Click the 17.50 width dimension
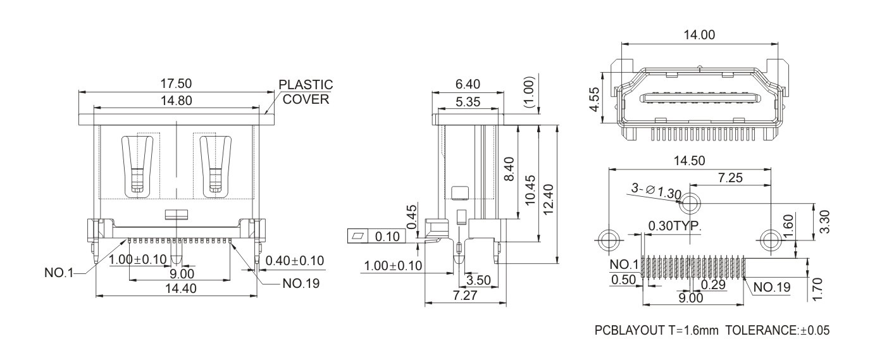click(x=176, y=84)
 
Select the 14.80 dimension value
click(x=177, y=101)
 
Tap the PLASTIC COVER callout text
click(x=306, y=92)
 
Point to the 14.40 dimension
click(x=181, y=289)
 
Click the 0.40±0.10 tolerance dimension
click(x=294, y=260)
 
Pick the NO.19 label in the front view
click(x=301, y=283)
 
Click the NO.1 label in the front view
click(x=59, y=273)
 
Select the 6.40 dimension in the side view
click(x=468, y=84)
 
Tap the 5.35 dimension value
click(x=468, y=102)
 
